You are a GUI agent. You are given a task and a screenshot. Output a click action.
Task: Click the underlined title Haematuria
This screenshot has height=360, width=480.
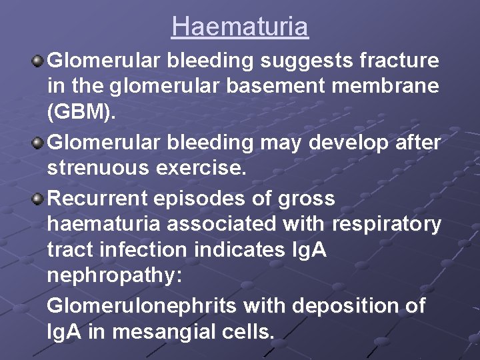(240, 27)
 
